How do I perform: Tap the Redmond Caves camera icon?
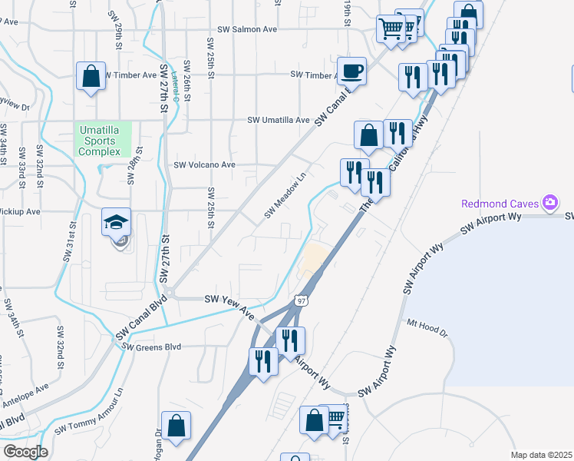click(x=549, y=203)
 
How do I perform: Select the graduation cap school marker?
click(x=116, y=224)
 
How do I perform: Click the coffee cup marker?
click(x=351, y=71)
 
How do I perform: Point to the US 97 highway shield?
click(x=302, y=300)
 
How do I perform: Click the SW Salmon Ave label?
click(x=247, y=30)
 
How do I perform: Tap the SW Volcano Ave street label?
click(x=204, y=164)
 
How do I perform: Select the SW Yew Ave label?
click(x=229, y=304)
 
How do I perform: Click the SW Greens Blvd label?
click(x=156, y=347)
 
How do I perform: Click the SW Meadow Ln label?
click(x=285, y=195)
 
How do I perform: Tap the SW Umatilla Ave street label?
click(x=278, y=121)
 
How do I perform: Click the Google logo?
click(x=25, y=452)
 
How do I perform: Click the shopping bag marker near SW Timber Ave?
click(x=91, y=77)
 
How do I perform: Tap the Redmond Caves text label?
click(x=500, y=204)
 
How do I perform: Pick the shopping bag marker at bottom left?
click(x=176, y=426)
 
